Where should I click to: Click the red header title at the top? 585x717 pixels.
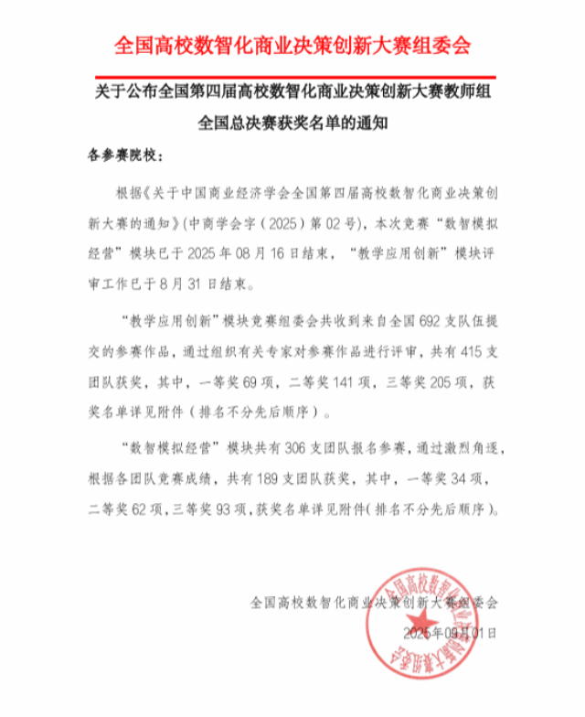click(292, 43)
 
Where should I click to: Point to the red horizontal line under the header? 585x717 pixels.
click(292, 77)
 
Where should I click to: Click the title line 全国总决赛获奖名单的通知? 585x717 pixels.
click(293, 123)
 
